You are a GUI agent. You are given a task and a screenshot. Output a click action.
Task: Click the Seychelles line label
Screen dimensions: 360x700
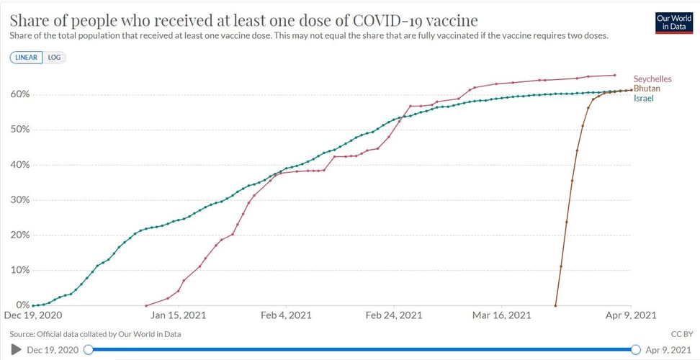[652, 78]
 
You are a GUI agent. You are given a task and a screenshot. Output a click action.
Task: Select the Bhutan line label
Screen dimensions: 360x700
[647, 88]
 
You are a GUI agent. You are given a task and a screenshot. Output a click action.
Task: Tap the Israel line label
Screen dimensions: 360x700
[643, 98]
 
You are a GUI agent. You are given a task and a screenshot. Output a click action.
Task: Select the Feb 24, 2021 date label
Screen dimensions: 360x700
[393, 315]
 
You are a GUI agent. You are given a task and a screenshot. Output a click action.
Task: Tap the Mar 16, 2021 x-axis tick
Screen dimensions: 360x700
[501, 315]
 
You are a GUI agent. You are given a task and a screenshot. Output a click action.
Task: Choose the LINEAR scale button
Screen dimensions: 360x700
[26, 57]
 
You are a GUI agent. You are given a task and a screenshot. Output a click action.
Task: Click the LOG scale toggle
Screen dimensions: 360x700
[55, 57]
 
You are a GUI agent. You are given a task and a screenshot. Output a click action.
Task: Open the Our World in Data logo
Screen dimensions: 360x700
[672, 22]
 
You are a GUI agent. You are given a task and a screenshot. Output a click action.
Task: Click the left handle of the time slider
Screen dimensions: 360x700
[88, 349]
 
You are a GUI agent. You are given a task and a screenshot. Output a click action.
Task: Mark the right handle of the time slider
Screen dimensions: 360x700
[636, 349]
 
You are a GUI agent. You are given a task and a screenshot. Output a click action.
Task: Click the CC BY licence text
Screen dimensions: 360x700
[681, 334]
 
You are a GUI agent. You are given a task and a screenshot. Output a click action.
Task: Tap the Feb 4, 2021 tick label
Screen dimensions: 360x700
[286, 315]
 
